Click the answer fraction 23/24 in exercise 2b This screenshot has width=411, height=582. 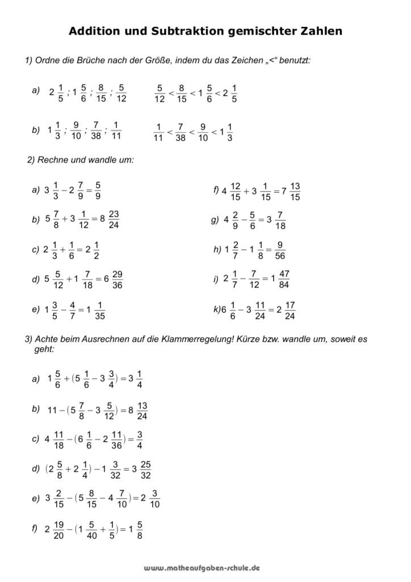(113, 219)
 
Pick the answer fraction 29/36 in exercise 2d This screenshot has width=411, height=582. (118, 280)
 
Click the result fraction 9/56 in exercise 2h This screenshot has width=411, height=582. (279, 250)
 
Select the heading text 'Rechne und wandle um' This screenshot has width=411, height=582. (85, 160)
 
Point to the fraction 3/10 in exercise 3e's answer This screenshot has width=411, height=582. (156, 501)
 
